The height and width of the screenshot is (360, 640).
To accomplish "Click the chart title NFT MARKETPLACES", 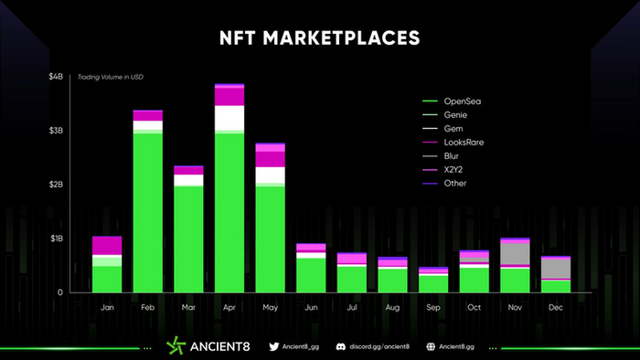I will pos(320,37).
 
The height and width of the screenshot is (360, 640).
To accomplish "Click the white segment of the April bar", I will pos(229,118).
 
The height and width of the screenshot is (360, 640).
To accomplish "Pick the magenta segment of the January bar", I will pos(107,245).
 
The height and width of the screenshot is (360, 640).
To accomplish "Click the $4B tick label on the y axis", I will pos(57,77).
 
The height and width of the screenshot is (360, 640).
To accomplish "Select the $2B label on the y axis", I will pos(57,185).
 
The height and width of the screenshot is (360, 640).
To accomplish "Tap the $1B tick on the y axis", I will pos(57,238).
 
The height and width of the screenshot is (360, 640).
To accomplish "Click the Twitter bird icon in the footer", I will pos(273,347).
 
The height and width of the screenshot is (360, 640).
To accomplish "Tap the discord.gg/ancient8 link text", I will pos(379,347).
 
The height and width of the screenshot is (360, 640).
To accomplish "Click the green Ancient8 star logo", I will pos(176,346).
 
